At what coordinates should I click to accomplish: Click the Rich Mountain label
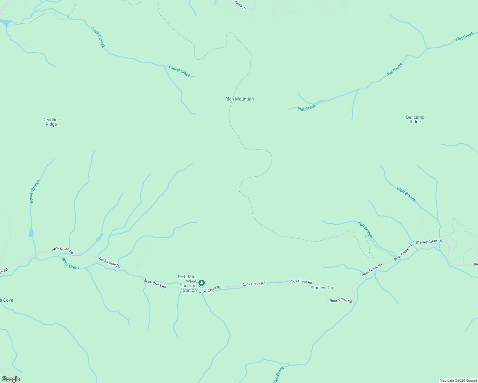pos(239,99)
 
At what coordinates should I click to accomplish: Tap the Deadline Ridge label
pos(51,122)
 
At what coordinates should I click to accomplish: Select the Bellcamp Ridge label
pos(415,119)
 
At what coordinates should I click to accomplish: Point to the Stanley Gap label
pos(322,288)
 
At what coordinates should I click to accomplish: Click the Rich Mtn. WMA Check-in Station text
pos(188,283)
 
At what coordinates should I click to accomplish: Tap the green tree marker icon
pos(202,283)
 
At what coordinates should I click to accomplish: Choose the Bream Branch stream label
pos(35,191)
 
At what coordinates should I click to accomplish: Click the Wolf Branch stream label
pos(406,194)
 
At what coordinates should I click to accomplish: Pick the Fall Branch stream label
pos(365,229)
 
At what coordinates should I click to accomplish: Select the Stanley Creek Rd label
pos(429,242)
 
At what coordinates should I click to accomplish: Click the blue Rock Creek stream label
pos(71,264)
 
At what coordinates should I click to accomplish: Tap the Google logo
pos(11,379)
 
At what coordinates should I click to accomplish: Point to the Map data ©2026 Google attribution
pos(458,380)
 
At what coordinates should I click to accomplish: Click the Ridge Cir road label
pos(241,5)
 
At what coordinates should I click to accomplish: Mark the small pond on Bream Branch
pos(31,233)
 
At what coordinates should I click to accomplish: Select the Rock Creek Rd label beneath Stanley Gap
pos(341,301)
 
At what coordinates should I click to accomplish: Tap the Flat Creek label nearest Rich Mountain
pos(306,108)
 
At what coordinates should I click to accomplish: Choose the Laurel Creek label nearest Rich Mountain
pos(179,71)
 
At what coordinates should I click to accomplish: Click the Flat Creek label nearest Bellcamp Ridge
pos(394,70)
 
